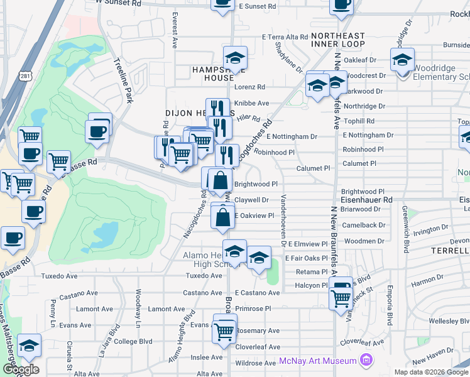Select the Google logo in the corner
(20, 369)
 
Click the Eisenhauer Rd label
(366, 200)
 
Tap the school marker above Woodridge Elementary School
(402, 61)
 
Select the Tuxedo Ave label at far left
(59, 276)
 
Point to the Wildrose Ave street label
(254, 363)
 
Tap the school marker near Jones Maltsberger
(28, 346)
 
